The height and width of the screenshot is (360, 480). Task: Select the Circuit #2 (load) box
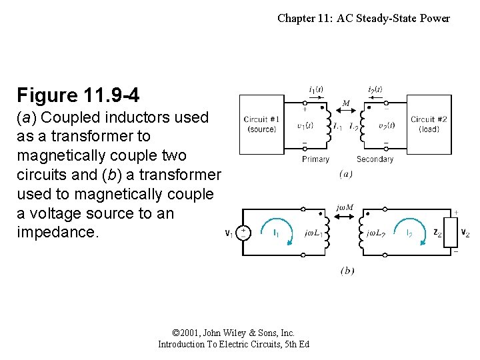pos(429,124)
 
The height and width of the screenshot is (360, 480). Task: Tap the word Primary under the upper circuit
pos(315,159)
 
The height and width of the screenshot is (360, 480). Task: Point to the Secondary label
pos(375,159)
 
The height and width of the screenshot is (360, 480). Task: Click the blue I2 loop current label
pos(408,233)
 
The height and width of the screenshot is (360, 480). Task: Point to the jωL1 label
pos(312,233)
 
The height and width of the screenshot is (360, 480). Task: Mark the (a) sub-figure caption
pos(346,174)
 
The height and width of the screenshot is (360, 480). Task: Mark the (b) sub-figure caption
pos(347,271)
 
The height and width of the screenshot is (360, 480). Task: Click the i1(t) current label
pos(316,90)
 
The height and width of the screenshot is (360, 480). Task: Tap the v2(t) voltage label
pos(386,125)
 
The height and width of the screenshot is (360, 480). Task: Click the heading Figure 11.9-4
pos(78,95)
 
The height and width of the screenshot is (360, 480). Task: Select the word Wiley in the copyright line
pos(234,333)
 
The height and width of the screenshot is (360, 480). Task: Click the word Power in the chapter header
pos(435,18)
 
